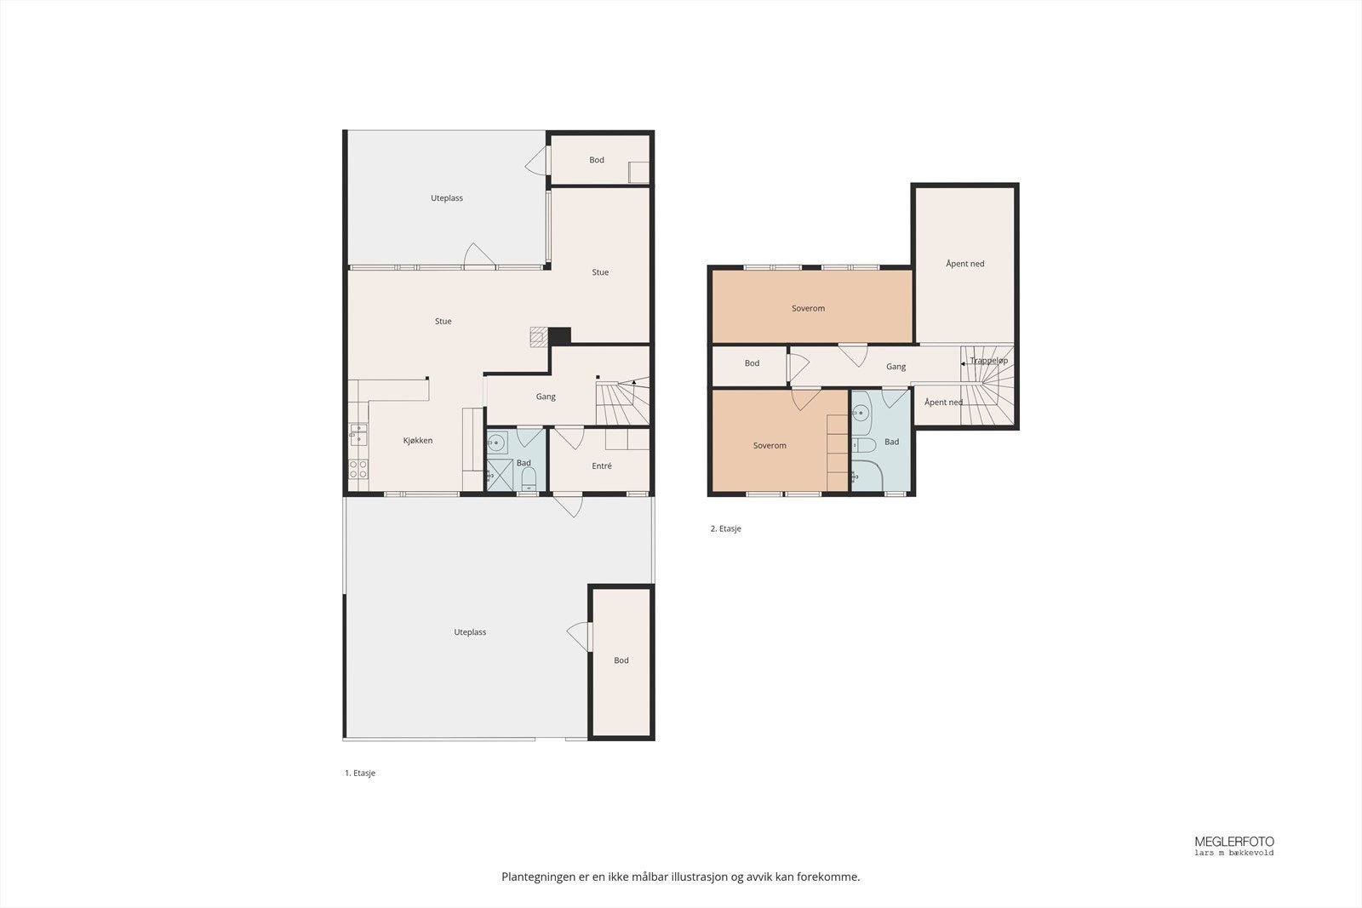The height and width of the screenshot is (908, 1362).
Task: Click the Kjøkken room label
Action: (418, 441)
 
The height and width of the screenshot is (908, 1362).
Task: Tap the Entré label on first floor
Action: (602, 466)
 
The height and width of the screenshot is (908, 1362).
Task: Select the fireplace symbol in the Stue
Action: (538, 336)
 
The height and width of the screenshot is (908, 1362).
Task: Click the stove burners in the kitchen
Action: (358, 468)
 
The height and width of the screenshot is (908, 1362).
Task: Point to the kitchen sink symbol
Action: (358, 436)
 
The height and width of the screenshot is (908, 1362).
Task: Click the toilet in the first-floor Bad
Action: (528, 476)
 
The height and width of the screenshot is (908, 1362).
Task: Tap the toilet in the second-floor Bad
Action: (864, 445)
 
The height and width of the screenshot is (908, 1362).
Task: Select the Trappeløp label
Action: (988, 361)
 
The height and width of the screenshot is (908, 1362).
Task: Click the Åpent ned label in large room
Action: (964, 264)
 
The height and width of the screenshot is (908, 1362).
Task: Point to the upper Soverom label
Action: (808, 309)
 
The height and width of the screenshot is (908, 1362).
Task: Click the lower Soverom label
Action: (770, 446)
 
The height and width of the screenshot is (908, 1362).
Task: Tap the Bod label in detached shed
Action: (621, 661)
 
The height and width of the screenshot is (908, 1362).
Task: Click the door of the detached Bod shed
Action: (579, 636)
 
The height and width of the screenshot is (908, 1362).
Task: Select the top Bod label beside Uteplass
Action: (597, 160)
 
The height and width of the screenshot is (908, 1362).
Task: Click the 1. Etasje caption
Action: (359, 774)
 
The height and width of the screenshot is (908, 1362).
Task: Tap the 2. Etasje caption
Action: (725, 529)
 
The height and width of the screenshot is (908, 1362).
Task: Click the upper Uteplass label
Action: (446, 198)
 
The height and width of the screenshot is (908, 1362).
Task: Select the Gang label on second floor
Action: (896, 367)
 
